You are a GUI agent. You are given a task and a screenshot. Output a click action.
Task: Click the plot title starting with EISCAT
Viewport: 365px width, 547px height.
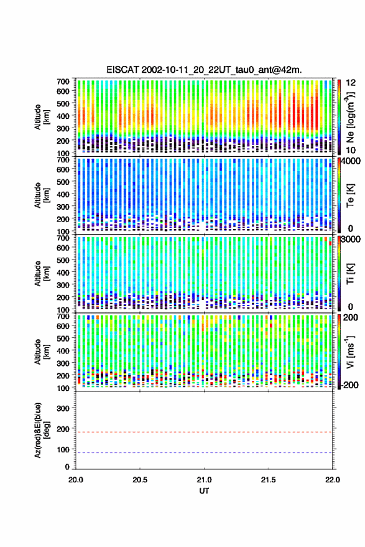(204, 70)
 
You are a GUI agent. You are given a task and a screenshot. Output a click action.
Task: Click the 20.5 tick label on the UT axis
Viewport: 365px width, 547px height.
(140, 480)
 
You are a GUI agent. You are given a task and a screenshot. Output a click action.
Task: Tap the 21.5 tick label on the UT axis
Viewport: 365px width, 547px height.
(268, 480)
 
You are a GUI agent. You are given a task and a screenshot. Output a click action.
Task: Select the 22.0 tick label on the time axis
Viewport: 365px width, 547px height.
(332, 480)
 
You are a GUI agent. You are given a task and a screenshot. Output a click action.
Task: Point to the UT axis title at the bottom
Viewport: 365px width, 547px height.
(204, 491)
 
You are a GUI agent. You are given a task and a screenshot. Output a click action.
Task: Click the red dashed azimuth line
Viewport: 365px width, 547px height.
(204, 432)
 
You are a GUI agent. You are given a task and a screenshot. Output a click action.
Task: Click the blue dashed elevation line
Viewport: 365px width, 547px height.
(204, 453)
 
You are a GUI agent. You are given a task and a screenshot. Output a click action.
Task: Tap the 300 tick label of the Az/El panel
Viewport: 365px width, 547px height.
(63, 408)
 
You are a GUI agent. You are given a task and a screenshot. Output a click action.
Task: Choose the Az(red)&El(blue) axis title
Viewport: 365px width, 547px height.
(42, 430)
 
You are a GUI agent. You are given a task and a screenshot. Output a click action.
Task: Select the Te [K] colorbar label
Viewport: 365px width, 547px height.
(350, 195)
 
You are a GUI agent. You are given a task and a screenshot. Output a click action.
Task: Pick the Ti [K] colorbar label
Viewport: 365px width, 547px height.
(350, 274)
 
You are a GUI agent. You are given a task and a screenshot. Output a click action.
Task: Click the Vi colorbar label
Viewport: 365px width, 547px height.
(350, 352)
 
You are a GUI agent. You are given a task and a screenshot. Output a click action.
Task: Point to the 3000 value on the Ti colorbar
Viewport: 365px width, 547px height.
(350, 240)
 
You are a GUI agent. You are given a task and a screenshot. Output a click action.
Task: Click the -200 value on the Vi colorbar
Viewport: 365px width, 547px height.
(349, 385)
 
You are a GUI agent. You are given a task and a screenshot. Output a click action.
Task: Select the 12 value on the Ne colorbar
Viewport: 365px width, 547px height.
(351, 83)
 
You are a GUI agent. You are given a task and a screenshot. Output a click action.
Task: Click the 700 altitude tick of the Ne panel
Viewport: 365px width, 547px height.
(63, 82)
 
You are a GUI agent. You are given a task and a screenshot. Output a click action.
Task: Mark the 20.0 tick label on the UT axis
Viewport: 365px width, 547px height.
(76, 480)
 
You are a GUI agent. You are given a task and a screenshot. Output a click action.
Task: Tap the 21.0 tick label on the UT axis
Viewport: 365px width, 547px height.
(204, 480)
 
